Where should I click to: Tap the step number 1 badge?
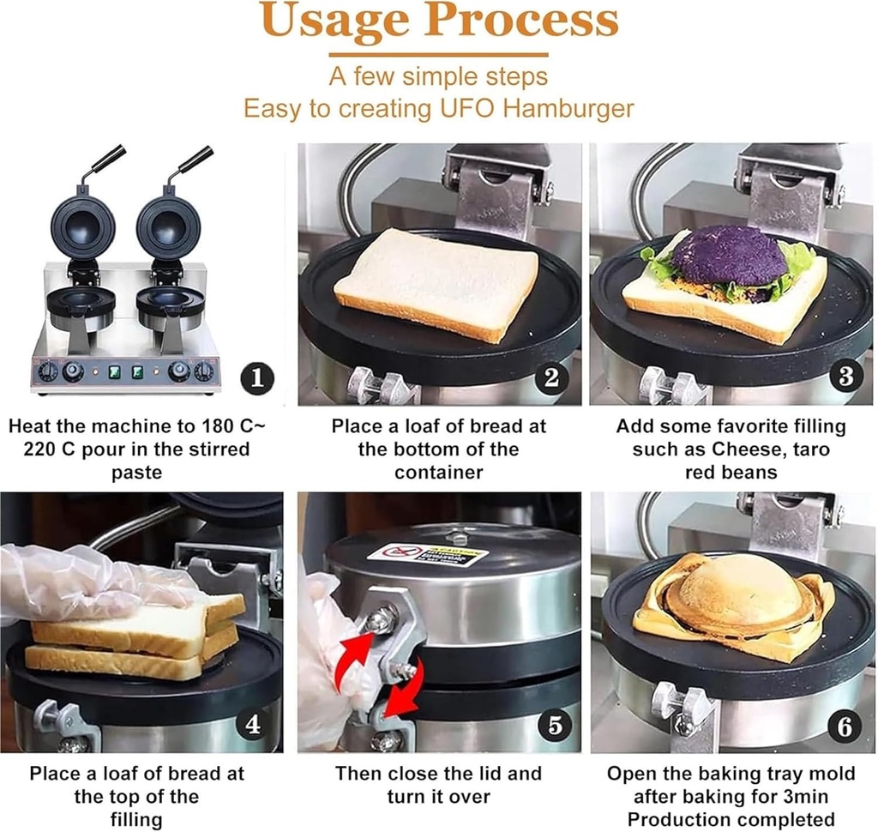(x=257, y=377)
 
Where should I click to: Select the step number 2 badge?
(x=551, y=377)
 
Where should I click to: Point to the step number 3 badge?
(x=845, y=377)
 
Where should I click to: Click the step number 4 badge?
(x=253, y=725)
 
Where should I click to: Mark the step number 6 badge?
(x=845, y=726)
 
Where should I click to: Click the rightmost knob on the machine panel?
(x=203, y=371)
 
